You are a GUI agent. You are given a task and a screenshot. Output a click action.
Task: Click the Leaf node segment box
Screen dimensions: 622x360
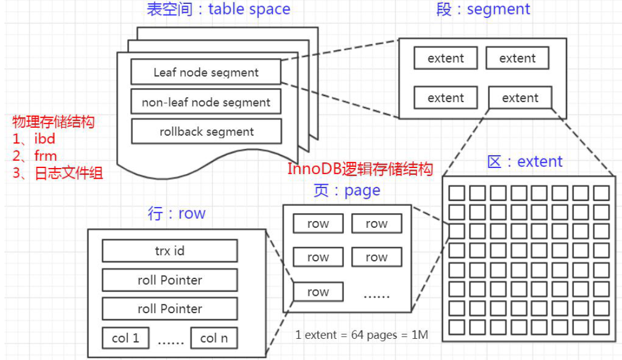click(x=206, y=72)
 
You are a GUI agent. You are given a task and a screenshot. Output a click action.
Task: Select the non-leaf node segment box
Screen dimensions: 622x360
click(x=206, y=102)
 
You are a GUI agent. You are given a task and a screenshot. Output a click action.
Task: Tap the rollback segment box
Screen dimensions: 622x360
click(x=206, y=131)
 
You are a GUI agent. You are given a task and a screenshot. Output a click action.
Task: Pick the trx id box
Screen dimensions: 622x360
click(x=170, y=251)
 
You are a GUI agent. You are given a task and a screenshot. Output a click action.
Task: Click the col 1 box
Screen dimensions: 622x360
click(x=126, y=338)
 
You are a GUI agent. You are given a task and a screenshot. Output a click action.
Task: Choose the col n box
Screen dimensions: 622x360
click(x=214, y=338)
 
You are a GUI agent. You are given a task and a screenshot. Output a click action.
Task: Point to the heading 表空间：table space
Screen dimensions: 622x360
click(x=218, y=9)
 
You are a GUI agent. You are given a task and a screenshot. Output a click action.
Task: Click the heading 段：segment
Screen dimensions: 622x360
click(x=483, y=9)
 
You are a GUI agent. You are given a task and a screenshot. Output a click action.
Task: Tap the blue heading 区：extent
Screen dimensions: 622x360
click(x=525, y=161)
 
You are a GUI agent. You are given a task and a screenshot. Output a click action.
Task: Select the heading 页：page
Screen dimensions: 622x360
click(x=347, y=191)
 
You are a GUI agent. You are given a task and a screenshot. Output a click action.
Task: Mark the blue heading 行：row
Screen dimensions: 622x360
click(x=176, y=213)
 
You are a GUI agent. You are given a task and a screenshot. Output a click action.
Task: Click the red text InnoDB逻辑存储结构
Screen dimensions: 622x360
click(x=360, y=169)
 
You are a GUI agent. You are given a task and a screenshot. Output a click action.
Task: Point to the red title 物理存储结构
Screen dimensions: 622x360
click(x=53, y=122)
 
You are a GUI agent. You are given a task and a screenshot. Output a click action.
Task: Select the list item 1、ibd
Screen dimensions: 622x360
click(x=34, y=139)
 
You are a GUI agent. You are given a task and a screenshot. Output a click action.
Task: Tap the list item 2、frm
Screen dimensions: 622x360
click(x=35, y=156)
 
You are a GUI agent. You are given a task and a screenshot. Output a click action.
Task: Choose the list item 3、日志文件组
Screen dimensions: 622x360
click(x=58, y=173)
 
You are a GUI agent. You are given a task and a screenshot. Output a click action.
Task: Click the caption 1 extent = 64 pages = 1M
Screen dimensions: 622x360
click(x=362, y=335)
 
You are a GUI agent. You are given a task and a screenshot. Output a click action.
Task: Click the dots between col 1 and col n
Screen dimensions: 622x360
click(x=170, y=342)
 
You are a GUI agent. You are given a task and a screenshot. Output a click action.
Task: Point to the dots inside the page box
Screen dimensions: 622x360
click(x=376, y=296)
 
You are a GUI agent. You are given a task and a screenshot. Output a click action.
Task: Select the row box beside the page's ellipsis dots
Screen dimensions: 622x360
click(x=318, y=292)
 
